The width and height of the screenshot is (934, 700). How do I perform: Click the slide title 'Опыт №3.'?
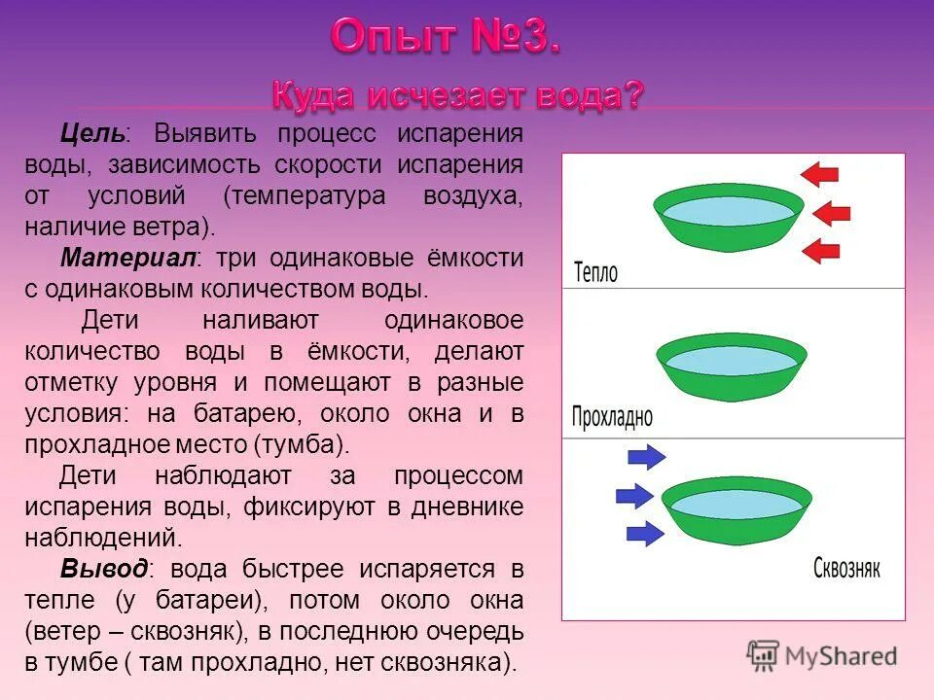445,38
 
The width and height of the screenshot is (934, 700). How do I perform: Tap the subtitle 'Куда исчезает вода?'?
456,95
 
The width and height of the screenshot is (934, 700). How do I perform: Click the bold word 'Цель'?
90,132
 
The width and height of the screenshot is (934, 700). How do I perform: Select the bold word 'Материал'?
127,259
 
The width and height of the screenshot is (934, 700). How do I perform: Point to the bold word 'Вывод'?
104,569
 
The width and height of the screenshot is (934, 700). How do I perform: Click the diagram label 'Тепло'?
595,271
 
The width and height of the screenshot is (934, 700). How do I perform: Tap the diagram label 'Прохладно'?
612,417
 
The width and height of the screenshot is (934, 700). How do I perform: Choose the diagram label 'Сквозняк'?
846,568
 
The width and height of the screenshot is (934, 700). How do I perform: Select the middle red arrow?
831,213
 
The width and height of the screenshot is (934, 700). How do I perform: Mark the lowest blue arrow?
645,532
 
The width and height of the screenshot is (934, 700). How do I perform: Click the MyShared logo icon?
764,655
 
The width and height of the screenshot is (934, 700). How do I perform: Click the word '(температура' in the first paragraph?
304,195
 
